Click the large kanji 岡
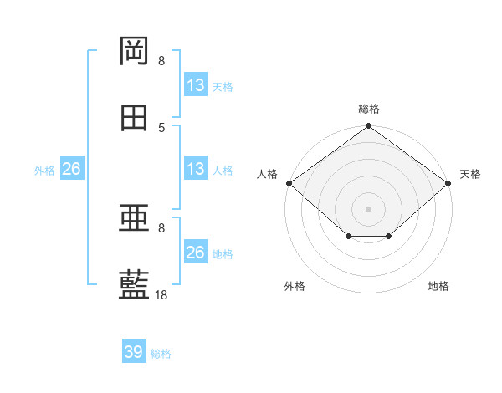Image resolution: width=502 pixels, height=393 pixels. pos(134,51)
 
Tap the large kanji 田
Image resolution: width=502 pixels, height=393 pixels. pos(134,118)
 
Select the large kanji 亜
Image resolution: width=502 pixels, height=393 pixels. pos(134,217)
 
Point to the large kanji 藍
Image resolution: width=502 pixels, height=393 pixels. pos(134,284)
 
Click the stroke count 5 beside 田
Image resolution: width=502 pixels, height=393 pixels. pos(161,128)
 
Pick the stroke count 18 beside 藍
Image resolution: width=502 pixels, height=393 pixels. pos(161,294)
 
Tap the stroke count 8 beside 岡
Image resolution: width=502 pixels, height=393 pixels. pos(161,60)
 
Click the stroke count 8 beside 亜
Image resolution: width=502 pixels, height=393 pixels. pos(161,228)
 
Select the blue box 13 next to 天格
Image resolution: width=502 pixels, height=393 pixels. pos(196,84)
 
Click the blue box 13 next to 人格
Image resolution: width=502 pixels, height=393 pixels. pos(196,168)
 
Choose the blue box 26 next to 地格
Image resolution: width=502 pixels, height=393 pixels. pos(196,251)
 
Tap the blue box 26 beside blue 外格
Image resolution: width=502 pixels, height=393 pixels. pos(72,168)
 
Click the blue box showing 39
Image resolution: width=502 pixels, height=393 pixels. pos(134,350)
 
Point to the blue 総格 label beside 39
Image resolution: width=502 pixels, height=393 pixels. pos(161,354)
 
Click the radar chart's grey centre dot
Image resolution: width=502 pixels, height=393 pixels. pos(368,209)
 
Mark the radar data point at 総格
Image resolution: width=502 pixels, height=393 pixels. pos(368,125)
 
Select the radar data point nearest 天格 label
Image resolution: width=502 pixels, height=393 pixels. pos(448,183)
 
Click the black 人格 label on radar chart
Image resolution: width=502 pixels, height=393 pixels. pos(267,174)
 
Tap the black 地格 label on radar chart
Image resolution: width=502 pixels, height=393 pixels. pos(438,286)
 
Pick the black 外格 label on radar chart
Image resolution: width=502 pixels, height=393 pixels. pos(295,286)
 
